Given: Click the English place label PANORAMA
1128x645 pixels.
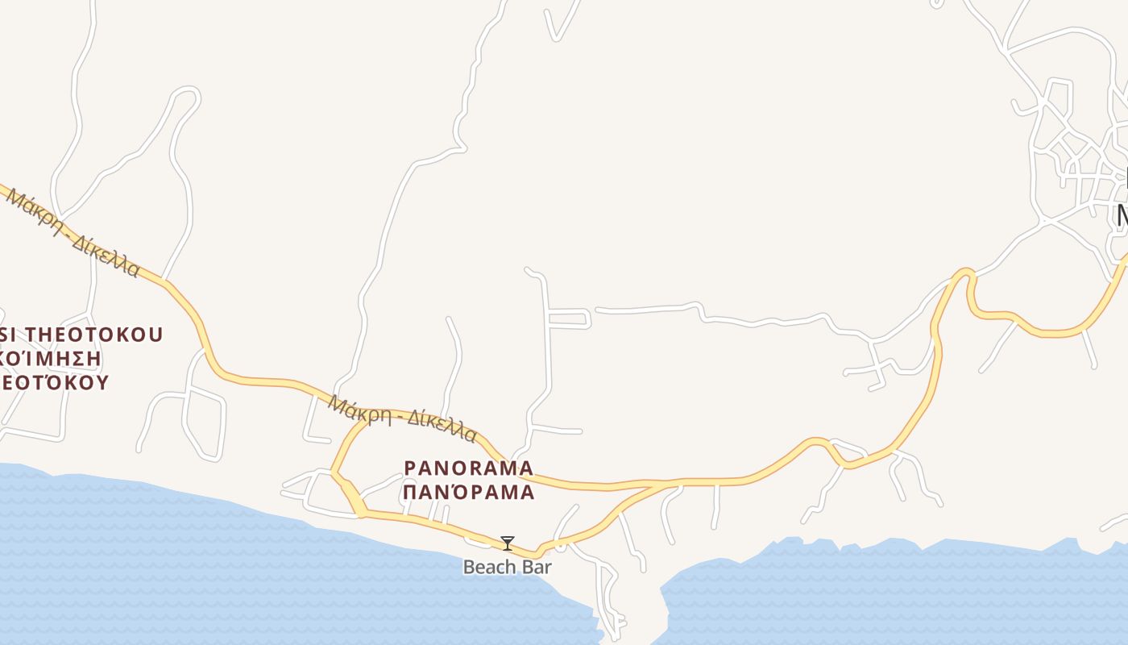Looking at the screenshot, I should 468,468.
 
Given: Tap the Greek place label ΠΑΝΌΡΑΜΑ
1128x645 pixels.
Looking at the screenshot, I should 468,492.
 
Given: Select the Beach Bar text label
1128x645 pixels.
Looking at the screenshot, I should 507,567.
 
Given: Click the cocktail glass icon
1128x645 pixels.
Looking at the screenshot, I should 507,543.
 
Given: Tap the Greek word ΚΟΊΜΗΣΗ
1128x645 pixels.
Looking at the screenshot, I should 52,358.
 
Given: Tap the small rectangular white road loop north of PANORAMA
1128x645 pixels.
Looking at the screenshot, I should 569,318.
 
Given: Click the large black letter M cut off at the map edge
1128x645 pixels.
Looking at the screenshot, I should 1122,216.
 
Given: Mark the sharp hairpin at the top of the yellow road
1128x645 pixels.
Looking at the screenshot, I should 964,274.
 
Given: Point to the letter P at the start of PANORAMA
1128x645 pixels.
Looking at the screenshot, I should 409,468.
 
